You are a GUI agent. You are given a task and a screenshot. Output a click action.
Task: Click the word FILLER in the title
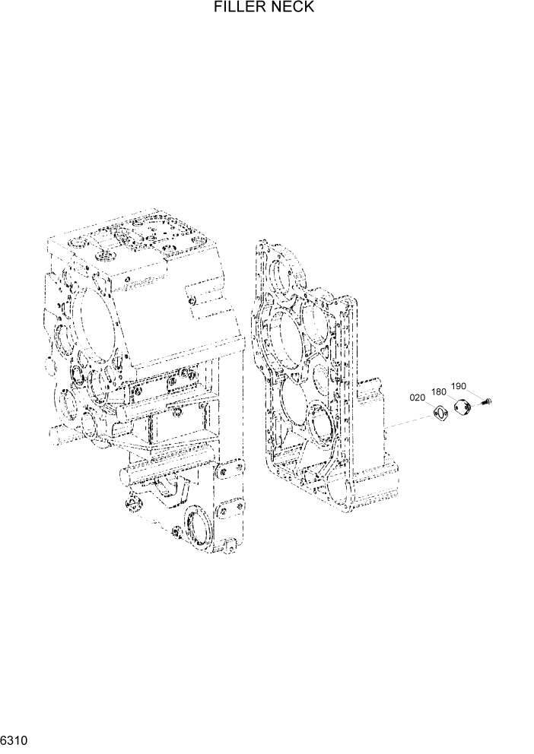(x=238, y=8)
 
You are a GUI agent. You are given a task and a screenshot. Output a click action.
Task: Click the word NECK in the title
(x=293, y=8)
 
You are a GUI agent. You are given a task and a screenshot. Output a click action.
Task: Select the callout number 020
(x=418, y=398)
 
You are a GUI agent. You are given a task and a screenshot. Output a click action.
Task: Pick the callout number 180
(x=439, y=391)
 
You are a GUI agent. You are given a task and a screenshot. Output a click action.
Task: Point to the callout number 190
(x=458, y=386)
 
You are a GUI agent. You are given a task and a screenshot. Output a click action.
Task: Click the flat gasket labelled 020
(x=440, y=414)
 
